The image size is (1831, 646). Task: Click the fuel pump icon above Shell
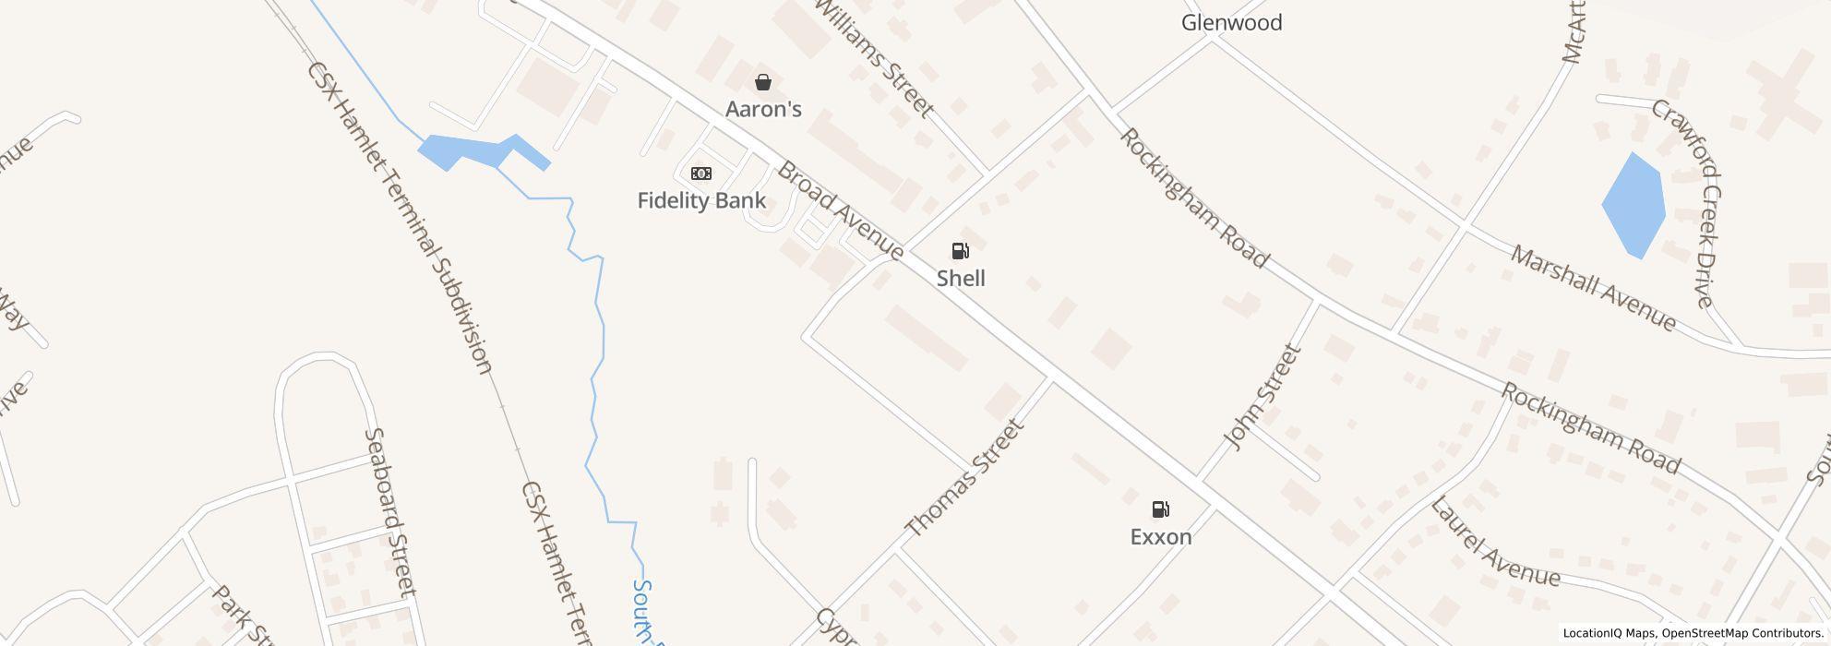point(960,251)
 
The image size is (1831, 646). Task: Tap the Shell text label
point(961,278)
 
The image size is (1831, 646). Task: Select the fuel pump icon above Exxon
point(1160,509)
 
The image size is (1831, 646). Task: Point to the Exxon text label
point(1161,536)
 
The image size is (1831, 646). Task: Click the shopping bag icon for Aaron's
point(763,82)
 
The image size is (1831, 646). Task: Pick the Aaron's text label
point(763,109)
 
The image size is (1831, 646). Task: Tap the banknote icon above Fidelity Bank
point(701,173)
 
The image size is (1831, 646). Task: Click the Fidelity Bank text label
point(701,200)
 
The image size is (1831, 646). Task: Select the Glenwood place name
point(1231,22)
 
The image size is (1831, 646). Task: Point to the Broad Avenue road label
point(840,210)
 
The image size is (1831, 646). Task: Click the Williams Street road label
point(873,58)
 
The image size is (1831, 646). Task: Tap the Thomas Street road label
point(964,478)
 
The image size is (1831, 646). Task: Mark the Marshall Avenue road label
point(1593,288)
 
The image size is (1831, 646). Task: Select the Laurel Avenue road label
point(1494,544)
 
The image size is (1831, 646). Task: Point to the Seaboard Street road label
point(391,512)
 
